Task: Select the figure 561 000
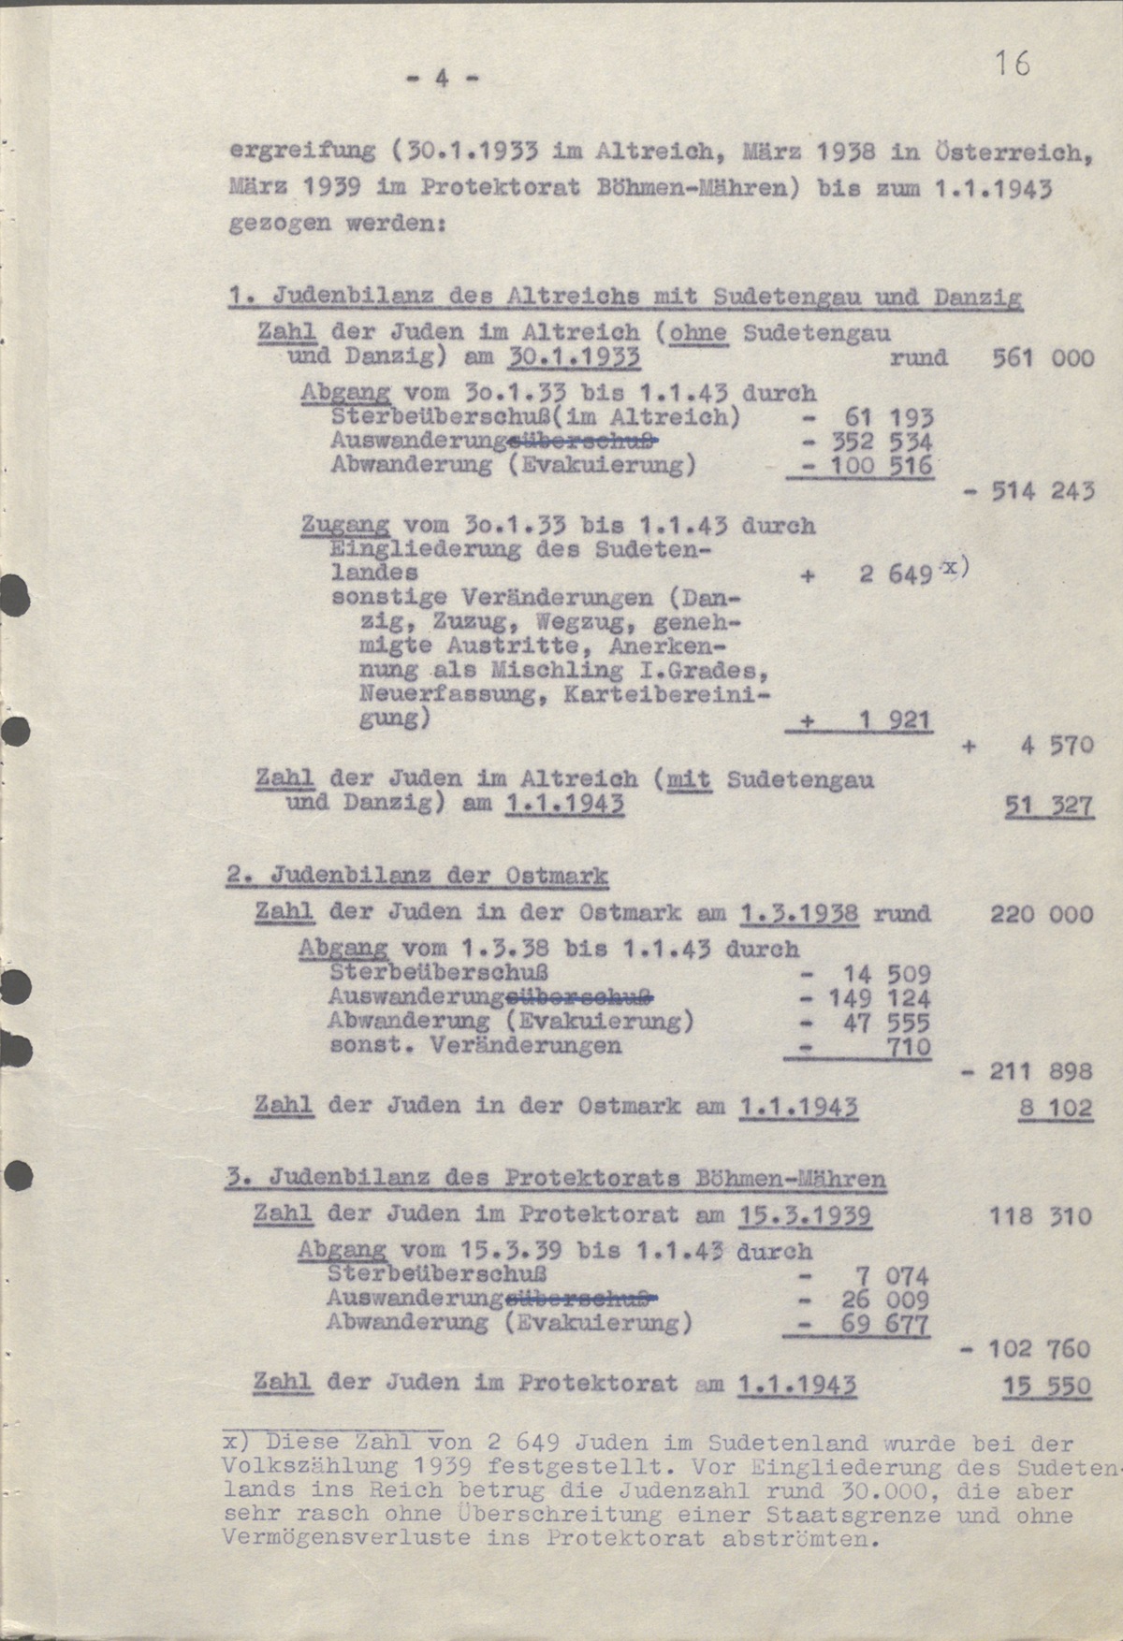click(x=1043, y=357)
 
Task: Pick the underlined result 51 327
click(x=1048, y=806)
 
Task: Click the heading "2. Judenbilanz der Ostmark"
click(x=417, y=877)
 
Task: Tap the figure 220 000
click(x=1041, y=913)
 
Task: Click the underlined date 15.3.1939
click(x=805, y=1215)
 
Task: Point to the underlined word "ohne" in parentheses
click(x=703, y=333)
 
